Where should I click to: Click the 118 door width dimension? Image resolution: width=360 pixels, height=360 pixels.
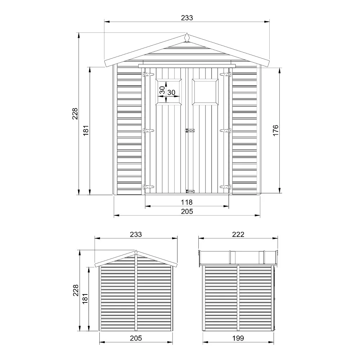(x=186, y=202)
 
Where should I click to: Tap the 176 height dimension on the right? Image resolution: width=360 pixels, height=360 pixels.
(x=275, y=130)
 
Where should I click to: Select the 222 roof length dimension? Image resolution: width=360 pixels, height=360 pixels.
(x=238, y=234)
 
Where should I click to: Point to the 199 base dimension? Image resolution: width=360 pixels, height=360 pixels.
(x=238, y=338)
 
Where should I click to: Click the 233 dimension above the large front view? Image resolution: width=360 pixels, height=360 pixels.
(x=187, y=18)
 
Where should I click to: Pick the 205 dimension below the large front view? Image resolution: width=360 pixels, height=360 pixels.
(x=187, y=211)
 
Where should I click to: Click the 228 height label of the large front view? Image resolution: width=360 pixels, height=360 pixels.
(x=75, y=114)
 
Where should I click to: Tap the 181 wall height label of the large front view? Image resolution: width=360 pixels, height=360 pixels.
(x=86, y=130)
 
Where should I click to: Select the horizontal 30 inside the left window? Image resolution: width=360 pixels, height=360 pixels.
(x=171, y=93)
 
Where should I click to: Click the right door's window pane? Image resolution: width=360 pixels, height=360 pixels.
(x=205, y=92)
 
